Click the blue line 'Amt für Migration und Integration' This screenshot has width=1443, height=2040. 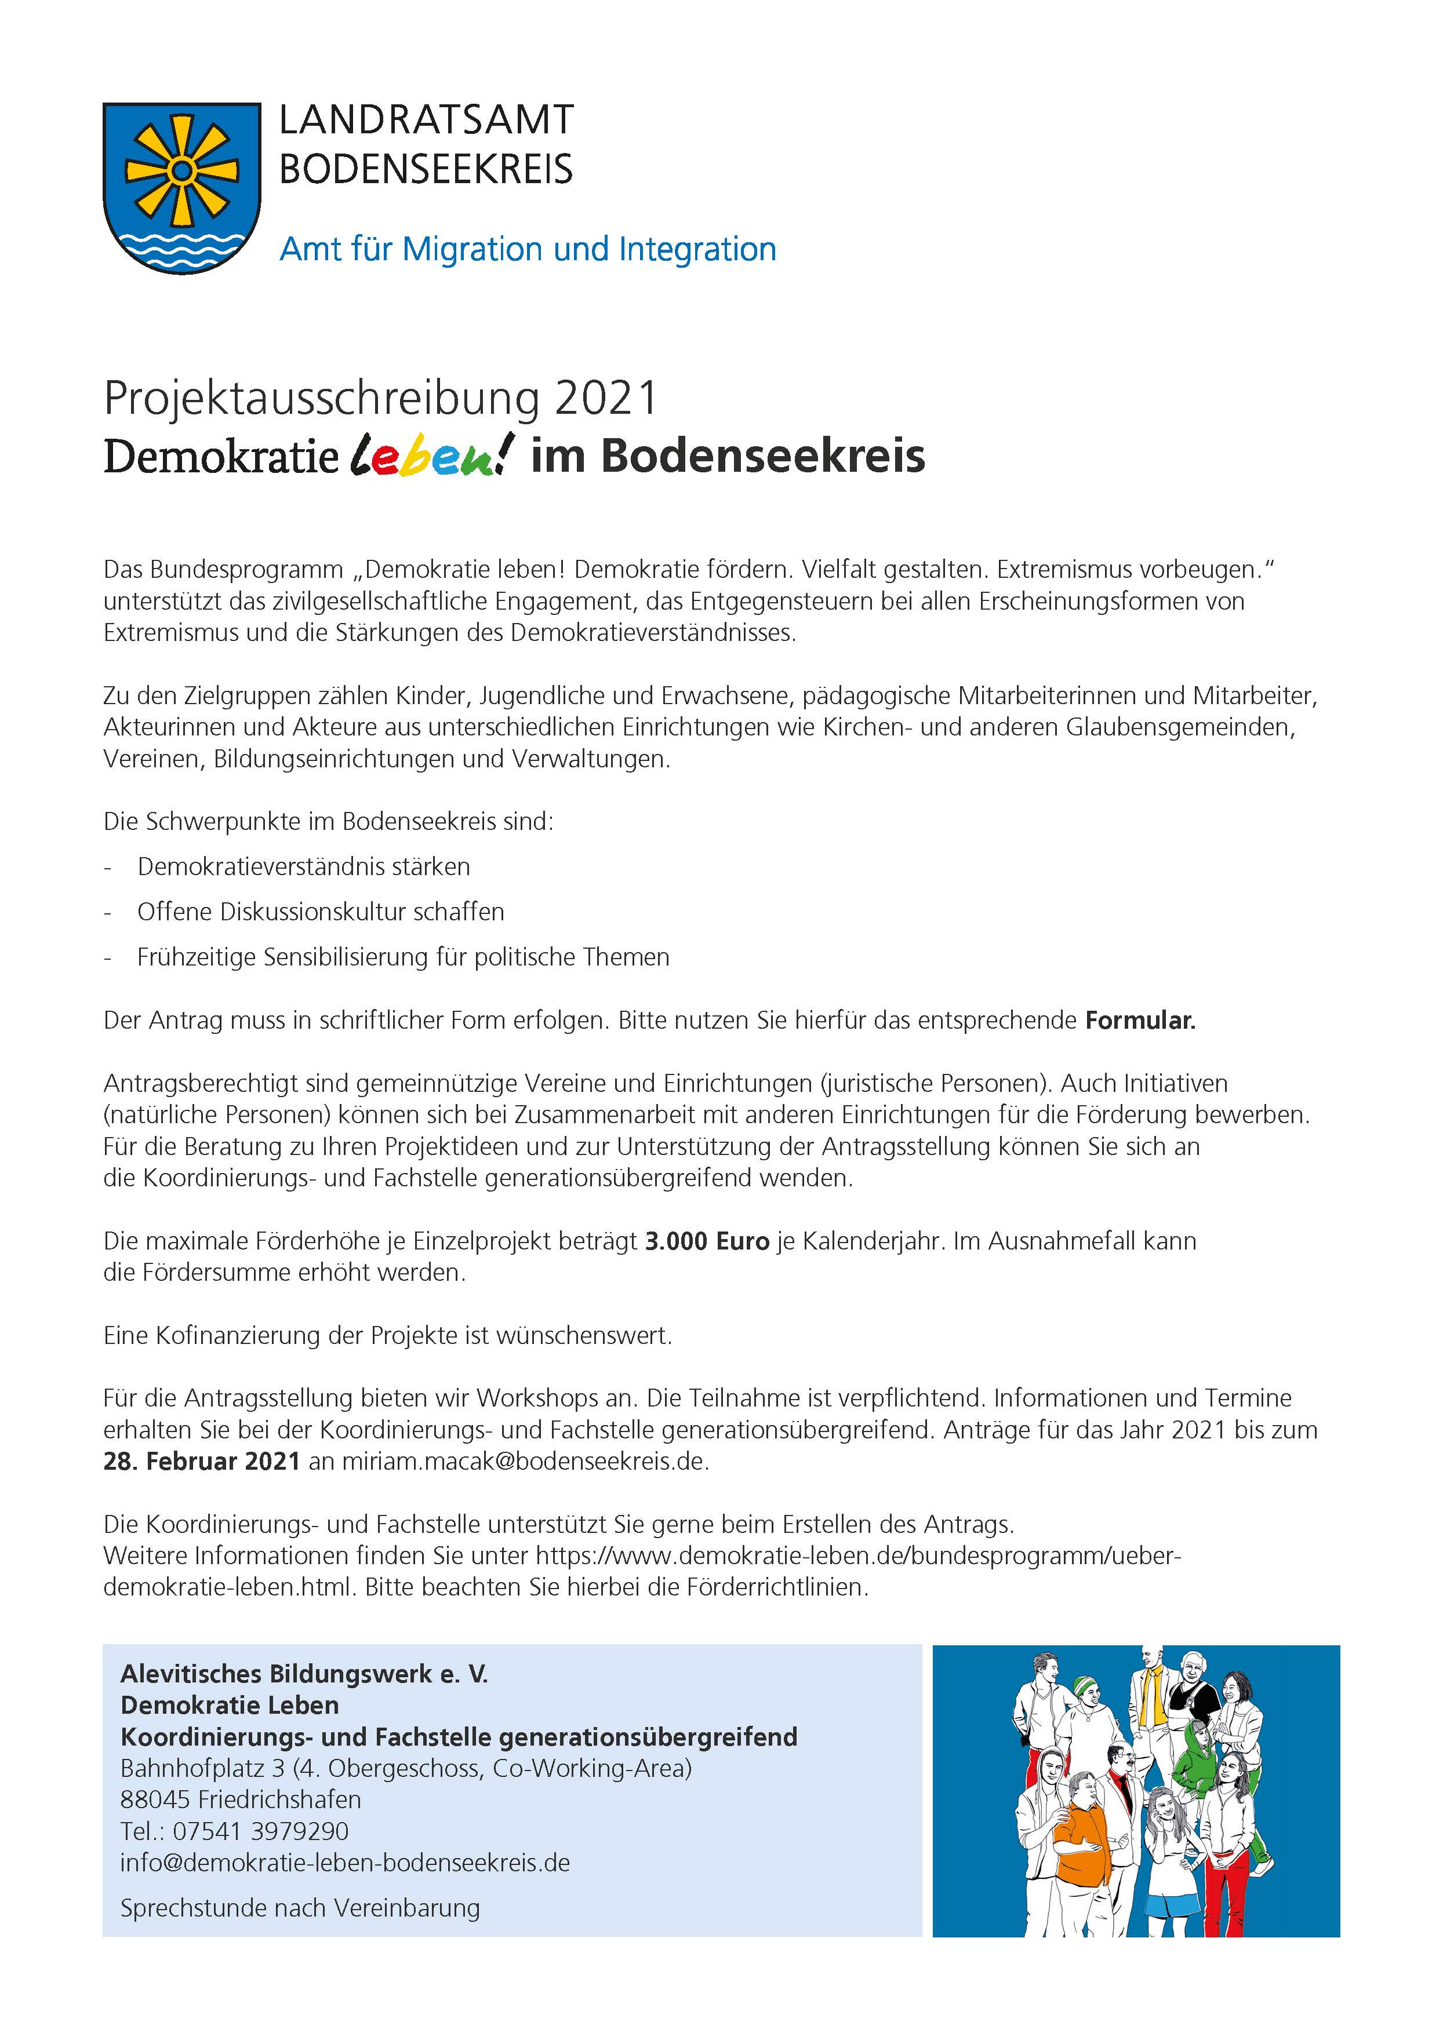point(528,250)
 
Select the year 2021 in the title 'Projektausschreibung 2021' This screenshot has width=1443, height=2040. point(606,399)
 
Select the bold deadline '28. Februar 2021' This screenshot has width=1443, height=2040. point(202,1462)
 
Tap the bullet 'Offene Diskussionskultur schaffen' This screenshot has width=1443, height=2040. point(321,912)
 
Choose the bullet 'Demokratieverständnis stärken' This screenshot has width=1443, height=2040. point(304,866)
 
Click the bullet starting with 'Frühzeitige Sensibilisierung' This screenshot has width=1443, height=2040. point(402,957)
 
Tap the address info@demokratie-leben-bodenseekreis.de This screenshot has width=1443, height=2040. point(345,1862)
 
